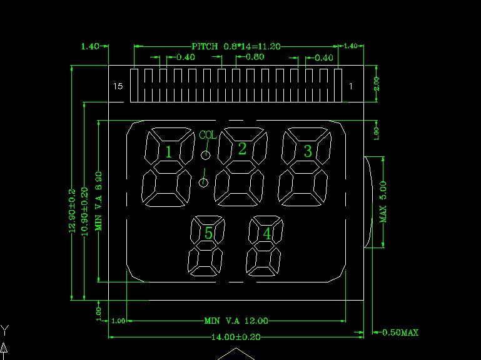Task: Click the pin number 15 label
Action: point(119,86)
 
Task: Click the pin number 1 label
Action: point(350,86)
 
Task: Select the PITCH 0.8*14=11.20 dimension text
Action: point(236,46)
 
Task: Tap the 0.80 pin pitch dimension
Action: point(255,57)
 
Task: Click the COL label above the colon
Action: point(208,134)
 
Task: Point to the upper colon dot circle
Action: point(205,155)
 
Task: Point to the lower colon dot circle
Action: point(203,182)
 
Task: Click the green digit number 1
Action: point(168,151)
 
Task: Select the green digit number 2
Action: point(242,149)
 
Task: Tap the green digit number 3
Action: point(308,151)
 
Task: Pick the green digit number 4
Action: point(267,234)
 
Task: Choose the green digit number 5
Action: point(209,233)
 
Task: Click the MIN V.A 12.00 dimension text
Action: point(236,321)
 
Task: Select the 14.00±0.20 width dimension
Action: point(236,337)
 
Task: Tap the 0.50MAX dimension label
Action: point(400,332)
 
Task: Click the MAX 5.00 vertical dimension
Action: point(383,201)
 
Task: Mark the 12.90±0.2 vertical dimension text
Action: point(71,211)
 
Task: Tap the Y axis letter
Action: point(4,329)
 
